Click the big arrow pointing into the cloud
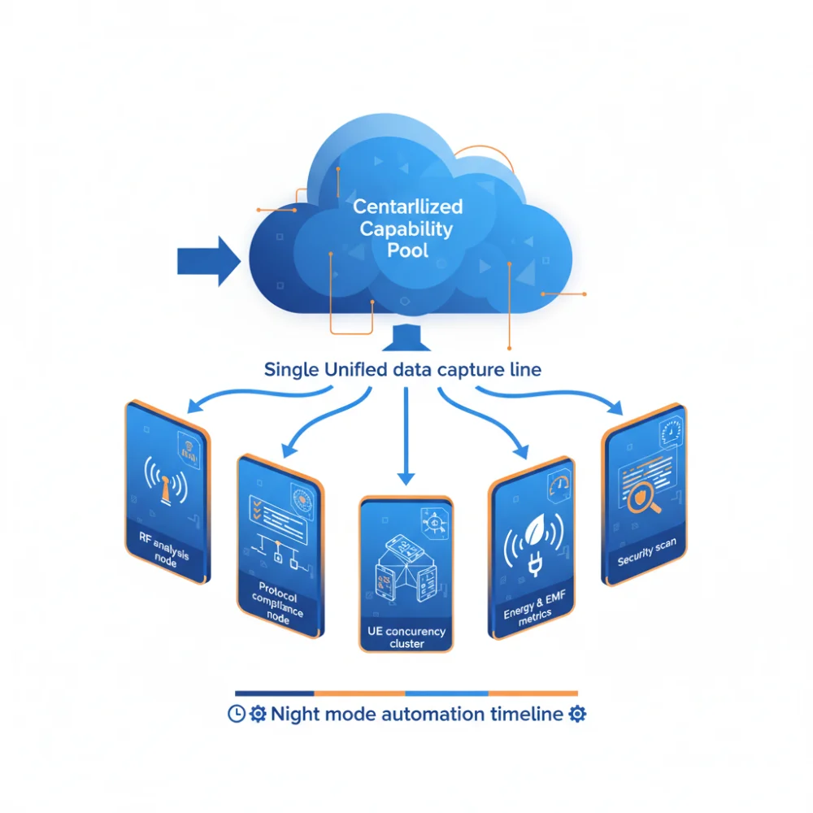click(209, 261)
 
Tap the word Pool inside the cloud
click(407, 250)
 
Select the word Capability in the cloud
click(406, 228)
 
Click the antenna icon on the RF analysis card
click(166, 481)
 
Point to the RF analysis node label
click(164, 549)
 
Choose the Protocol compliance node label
click(278, 602)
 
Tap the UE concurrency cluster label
click(406, 637)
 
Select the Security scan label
click(646, 552)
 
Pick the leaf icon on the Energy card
click(535, 530)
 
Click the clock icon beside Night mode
click(237, 714)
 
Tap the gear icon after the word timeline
click(577, 714)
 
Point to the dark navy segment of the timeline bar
click(274, 693)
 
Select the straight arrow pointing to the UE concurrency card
click(406, 436)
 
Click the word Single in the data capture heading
click(291, 370)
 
